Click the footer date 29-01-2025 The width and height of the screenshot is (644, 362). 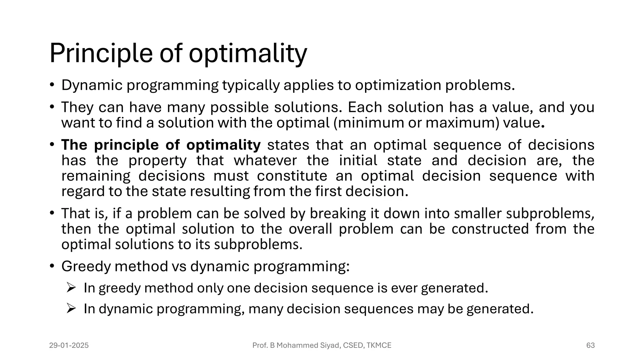[x=69, y=345]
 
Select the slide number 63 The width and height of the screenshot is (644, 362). [x=590, y=345]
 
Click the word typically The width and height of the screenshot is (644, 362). [x=251, y=85]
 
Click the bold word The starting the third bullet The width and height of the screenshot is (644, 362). [x=74, y=145]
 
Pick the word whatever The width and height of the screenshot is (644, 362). [x=265, y=161]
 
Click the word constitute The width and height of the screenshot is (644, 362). [x=292, y=176]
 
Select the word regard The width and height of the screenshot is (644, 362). [x=83, y=191]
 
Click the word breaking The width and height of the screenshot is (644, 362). [x=338, y=213]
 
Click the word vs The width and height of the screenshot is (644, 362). [x=179, y=266]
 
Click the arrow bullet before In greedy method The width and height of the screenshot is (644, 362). [x=71, y=287]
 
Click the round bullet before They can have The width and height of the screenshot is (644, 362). [x=52, y=107]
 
